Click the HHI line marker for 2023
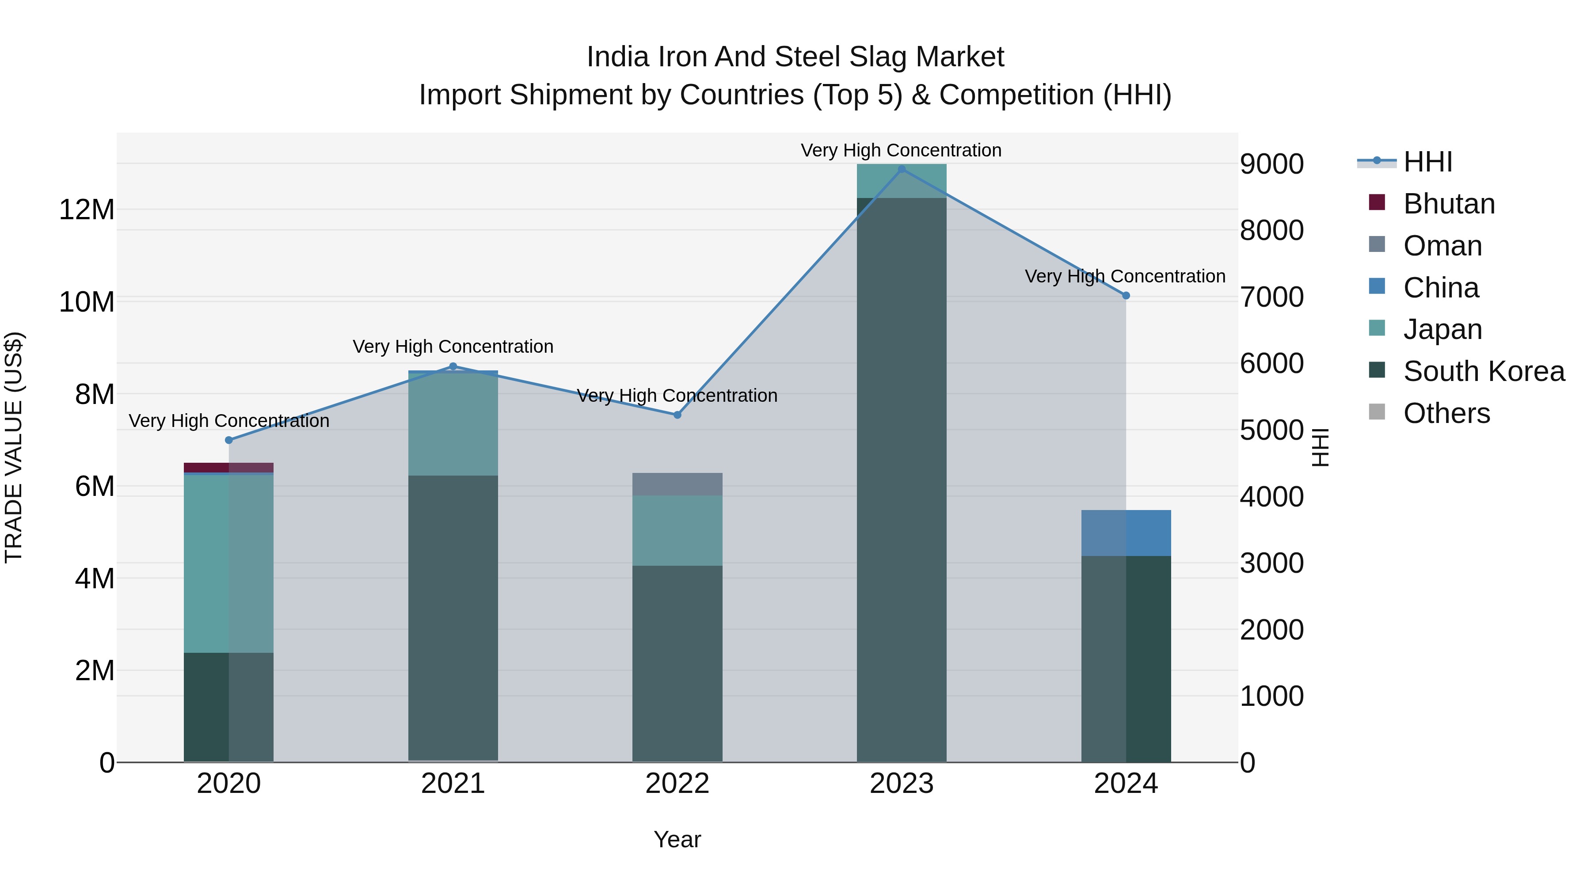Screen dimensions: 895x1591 (901, 169)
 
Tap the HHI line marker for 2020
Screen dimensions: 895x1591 (228, 440)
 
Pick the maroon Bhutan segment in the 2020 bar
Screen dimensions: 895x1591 (228, 467)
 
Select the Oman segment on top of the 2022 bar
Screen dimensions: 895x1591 (677, 484)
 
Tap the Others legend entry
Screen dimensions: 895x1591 (1446, 413)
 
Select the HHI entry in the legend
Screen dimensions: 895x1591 (1427, 162)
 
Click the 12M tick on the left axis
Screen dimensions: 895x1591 (87, 210)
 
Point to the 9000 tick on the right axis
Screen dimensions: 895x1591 (1271, 164)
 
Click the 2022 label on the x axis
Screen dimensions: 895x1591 (677, 784)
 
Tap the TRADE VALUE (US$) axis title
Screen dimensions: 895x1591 (14, 447)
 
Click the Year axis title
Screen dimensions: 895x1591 (677, 839)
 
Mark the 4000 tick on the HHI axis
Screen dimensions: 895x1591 (1271, 497)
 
